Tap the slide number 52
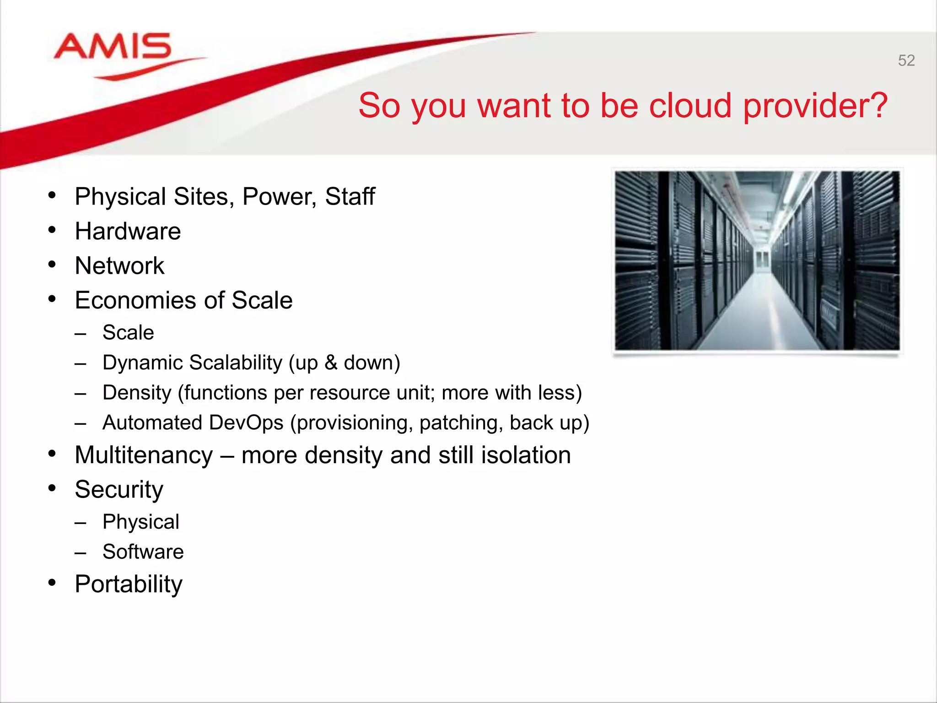(x=906, y=60)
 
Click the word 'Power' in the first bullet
(x=279, y=197)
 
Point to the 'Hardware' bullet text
(x=128, y=231)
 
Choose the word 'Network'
(x=119, y=266)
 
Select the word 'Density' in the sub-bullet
(x=136, y=393)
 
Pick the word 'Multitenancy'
(x=144, y=455)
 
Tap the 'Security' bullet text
(x=119, y=490)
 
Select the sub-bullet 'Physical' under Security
(x=140, y=522)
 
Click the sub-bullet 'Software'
(x=143, y=552)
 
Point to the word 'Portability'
(x=129, y=584)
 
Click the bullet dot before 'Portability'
(x=52, y=583)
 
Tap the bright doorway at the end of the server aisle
(x=761, y=261)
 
